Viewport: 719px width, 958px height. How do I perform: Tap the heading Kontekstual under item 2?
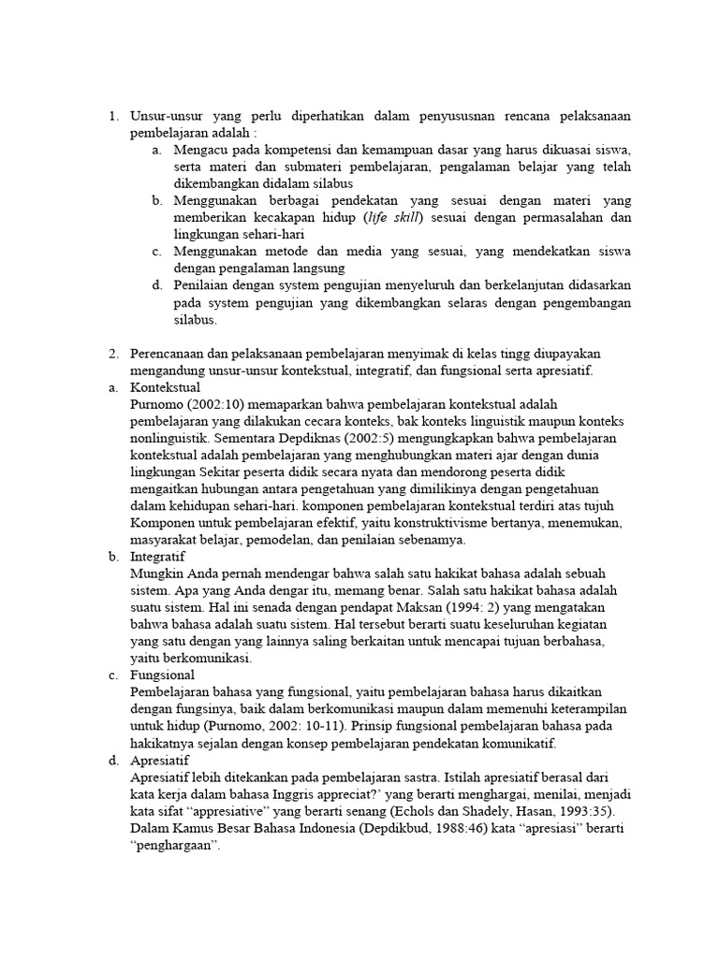(x=167, y=387)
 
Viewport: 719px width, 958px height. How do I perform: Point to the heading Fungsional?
(x=164, y=674)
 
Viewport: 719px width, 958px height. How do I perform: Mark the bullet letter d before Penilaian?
(x=156, y=285)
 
